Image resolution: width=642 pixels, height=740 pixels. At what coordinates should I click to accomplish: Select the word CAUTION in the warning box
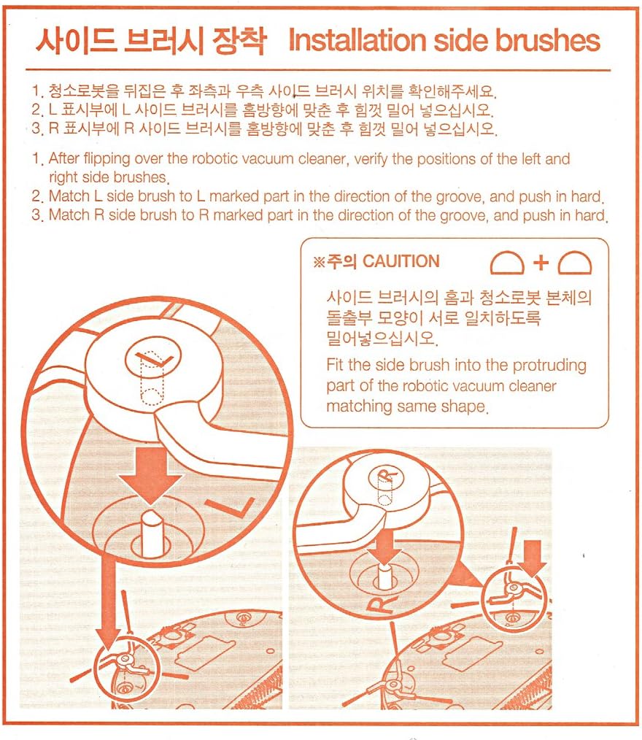click(401, 262)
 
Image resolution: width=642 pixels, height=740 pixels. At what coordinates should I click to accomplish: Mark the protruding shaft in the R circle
click(384, 577)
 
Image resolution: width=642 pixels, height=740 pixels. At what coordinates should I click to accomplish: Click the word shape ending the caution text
click(459, 406)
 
